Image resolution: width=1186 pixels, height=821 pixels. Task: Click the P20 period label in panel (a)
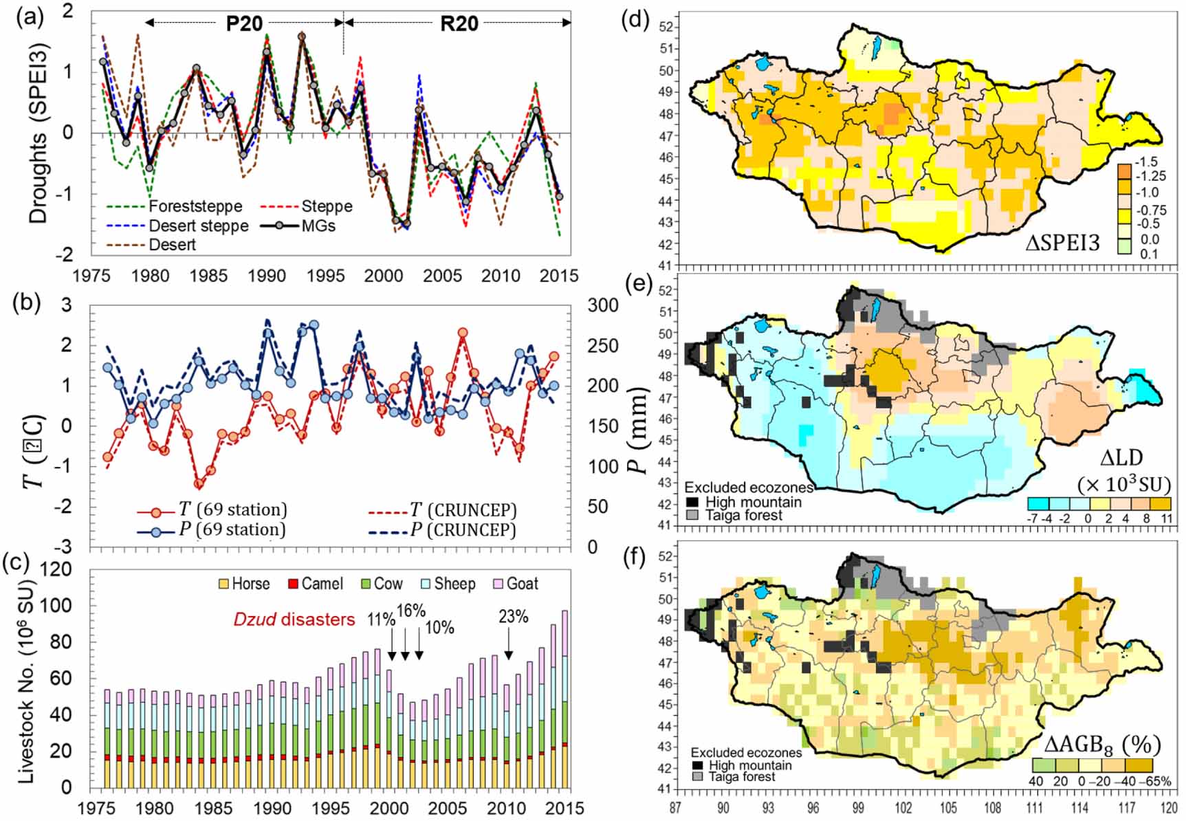(244, 23)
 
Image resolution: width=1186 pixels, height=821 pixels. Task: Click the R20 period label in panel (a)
(459, 23)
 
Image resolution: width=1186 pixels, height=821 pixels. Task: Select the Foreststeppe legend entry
(195, 206)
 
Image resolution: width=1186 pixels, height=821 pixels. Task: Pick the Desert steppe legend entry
(198, 226)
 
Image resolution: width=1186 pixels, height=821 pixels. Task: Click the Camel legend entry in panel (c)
(322, 584)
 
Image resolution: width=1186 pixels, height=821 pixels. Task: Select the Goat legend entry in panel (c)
(522, 584)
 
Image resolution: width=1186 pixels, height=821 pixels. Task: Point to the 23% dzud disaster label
(513, 617)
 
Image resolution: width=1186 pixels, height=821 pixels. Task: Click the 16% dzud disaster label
(411, 611)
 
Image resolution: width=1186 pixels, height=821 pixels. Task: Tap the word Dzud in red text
(254, 620)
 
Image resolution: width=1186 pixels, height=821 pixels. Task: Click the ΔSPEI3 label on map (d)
(1062, 242)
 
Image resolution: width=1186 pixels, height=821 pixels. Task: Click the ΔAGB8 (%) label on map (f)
(1102, 744)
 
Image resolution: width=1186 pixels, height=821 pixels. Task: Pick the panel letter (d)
(635, 19)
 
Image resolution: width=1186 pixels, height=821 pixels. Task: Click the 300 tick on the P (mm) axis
(602, 305)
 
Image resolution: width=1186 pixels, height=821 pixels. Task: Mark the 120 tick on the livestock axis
(57, 570)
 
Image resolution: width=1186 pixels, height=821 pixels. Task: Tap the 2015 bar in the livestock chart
(565, 698)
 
